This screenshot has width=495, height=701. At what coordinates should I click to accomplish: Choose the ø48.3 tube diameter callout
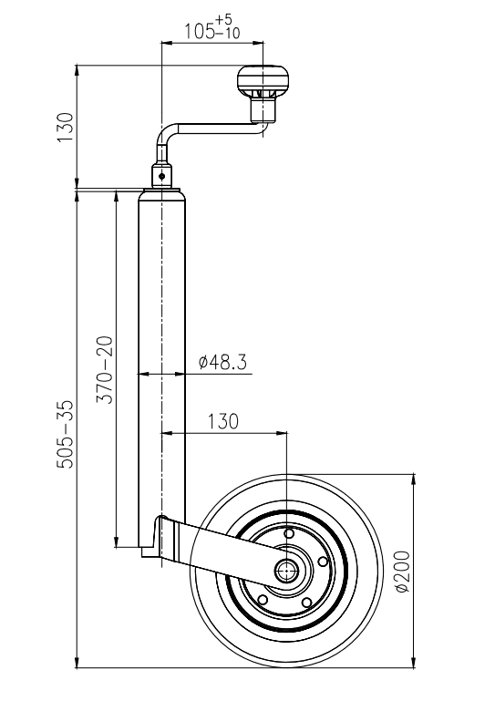222,363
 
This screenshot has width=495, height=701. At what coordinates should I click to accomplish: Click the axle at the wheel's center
287,571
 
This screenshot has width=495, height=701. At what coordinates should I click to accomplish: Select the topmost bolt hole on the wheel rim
288,534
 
